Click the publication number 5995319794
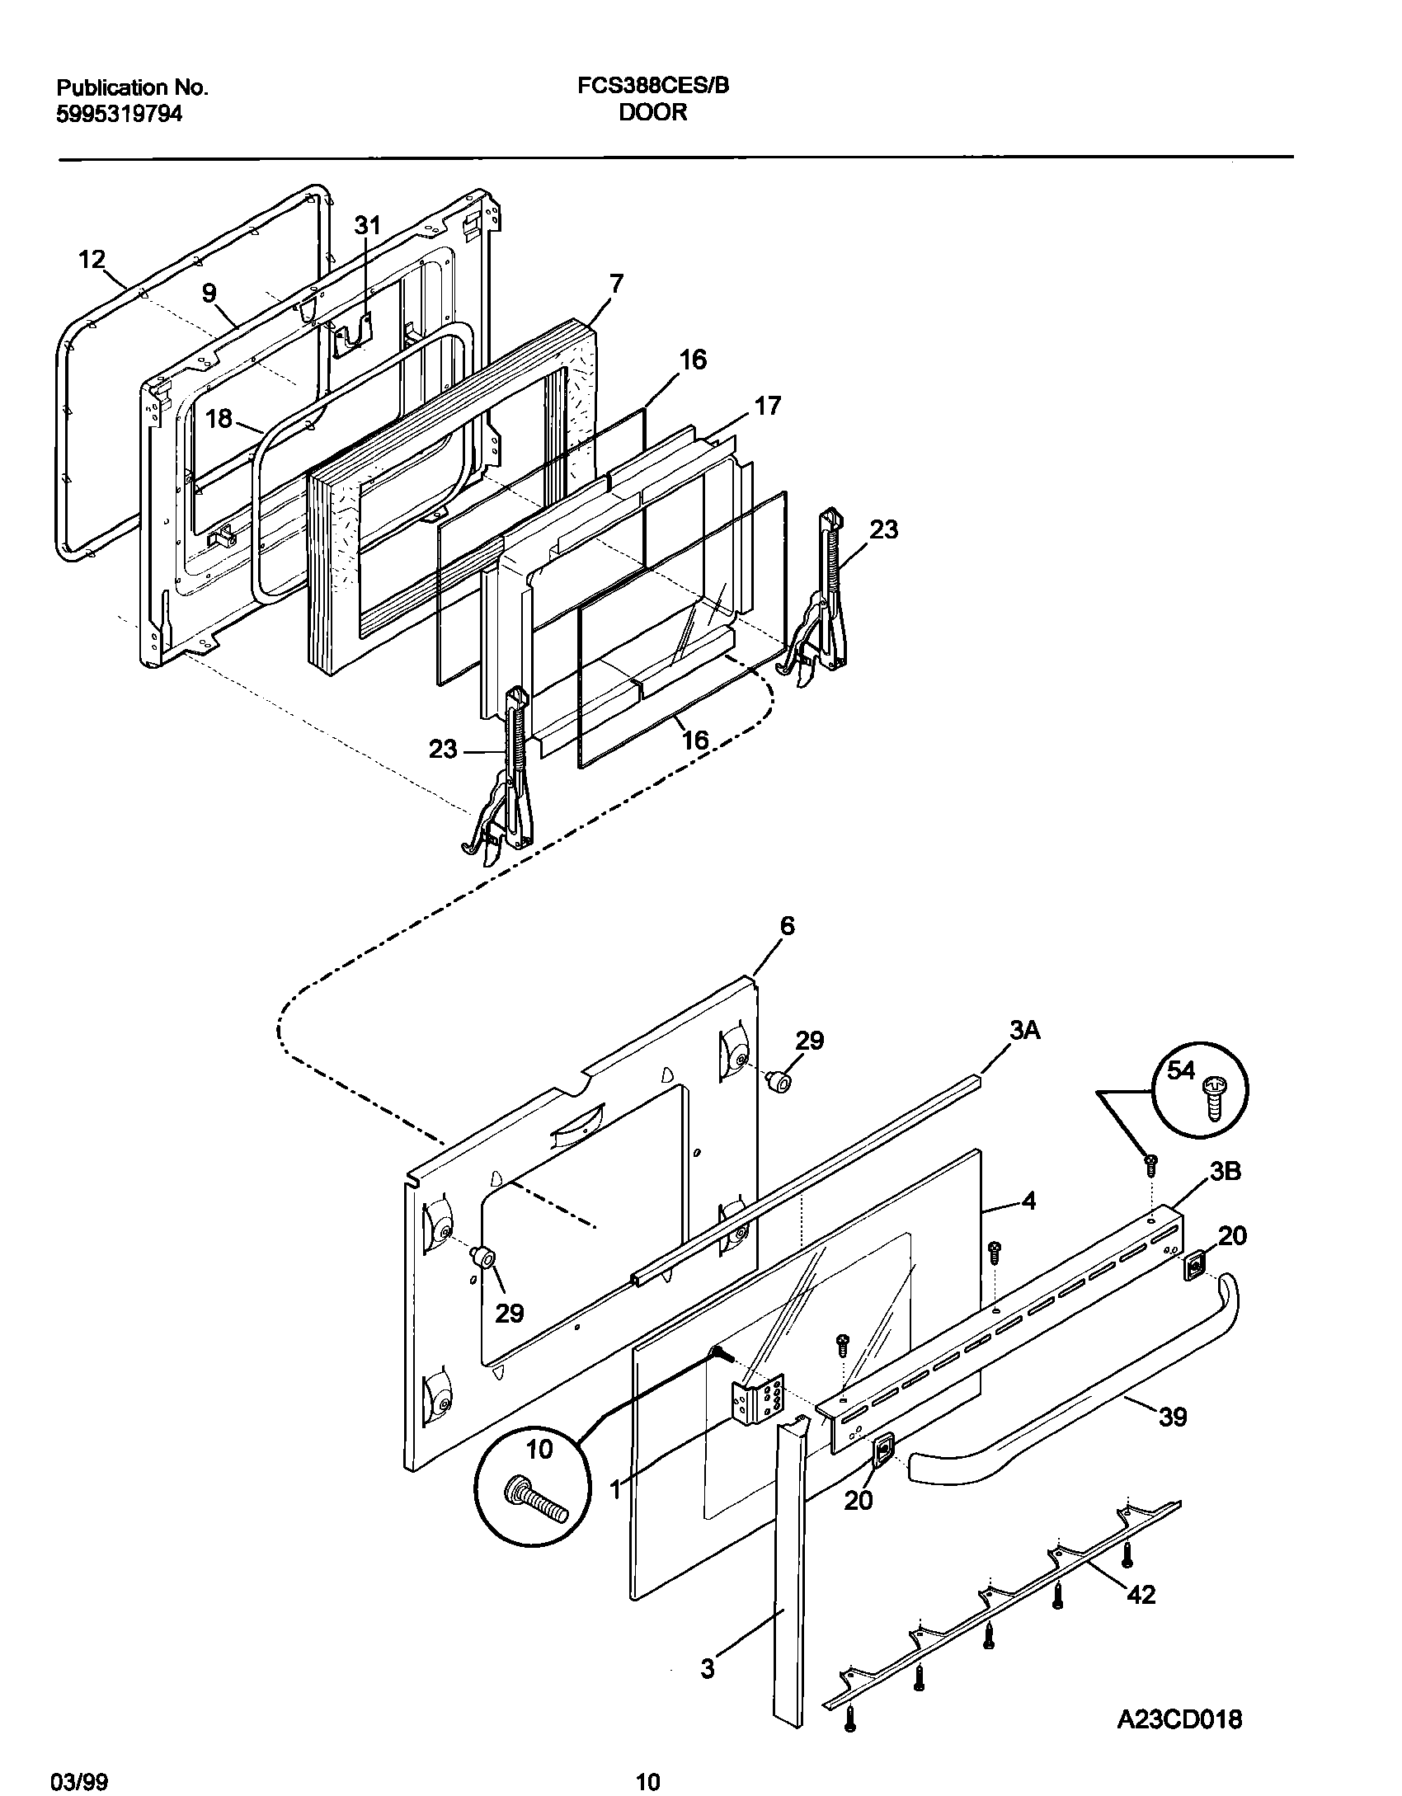119,115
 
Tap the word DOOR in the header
653,113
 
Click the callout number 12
92,260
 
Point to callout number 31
368,225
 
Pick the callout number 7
616,284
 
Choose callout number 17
767,407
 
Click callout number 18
219,419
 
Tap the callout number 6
787,926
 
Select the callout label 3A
1023,1031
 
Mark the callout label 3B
1226,1172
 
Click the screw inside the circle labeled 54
1214,1096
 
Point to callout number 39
1173,1417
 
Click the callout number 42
1141,1595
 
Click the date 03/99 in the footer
82,1777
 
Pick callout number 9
209,293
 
